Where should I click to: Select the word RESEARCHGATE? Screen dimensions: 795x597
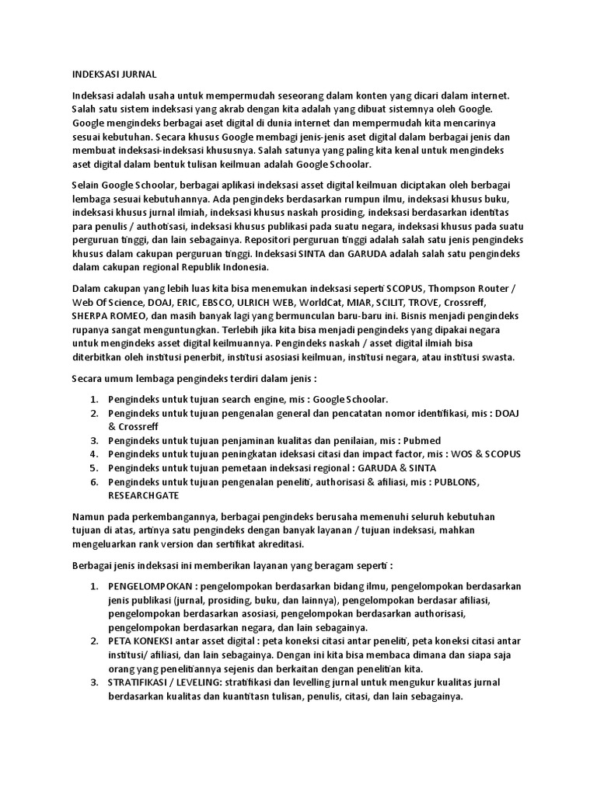[x=144, y=495]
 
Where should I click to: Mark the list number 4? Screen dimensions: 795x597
[x=93, y=453]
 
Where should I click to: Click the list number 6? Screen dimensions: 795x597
[x=93, y=481]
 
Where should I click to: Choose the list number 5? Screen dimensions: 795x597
[x=93, y=467]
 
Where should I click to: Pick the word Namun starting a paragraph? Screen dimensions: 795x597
[x=89, y=516]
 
